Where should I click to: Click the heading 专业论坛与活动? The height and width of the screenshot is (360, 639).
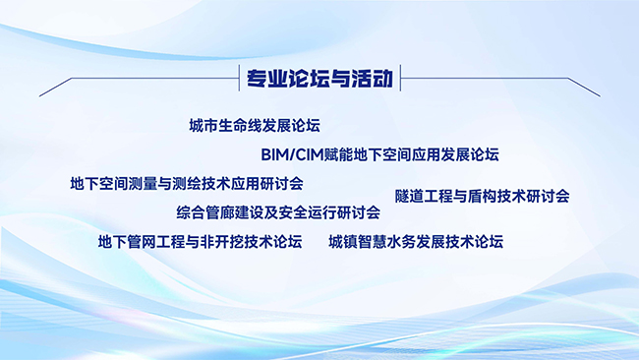(319, 78)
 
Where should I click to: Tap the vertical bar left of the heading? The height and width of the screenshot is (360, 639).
(239, 78)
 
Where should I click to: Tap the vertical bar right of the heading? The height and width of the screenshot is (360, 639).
(400, 78)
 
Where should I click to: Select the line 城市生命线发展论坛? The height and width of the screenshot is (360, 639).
(255, 126)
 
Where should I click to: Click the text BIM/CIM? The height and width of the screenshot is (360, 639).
(292, 155)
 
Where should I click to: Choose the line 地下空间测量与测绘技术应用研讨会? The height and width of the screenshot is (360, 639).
(187, 184)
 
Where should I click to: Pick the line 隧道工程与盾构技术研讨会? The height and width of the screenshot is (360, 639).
(482, 197)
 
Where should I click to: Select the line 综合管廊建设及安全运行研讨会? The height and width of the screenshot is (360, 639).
(278, 212)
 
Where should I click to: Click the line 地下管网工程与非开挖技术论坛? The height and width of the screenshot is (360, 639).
(201, 242)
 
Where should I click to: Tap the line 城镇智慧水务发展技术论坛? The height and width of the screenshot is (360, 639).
(416, 242)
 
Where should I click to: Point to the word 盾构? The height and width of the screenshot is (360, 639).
(482, 197)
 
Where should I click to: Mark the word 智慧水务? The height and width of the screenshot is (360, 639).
(387, 242)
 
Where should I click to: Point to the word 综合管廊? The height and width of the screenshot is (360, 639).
(205, 212)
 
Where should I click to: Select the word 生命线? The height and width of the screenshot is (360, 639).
(241, 126)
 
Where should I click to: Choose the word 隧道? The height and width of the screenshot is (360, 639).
(410, 197)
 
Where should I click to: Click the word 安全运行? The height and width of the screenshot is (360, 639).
(308, 212)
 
